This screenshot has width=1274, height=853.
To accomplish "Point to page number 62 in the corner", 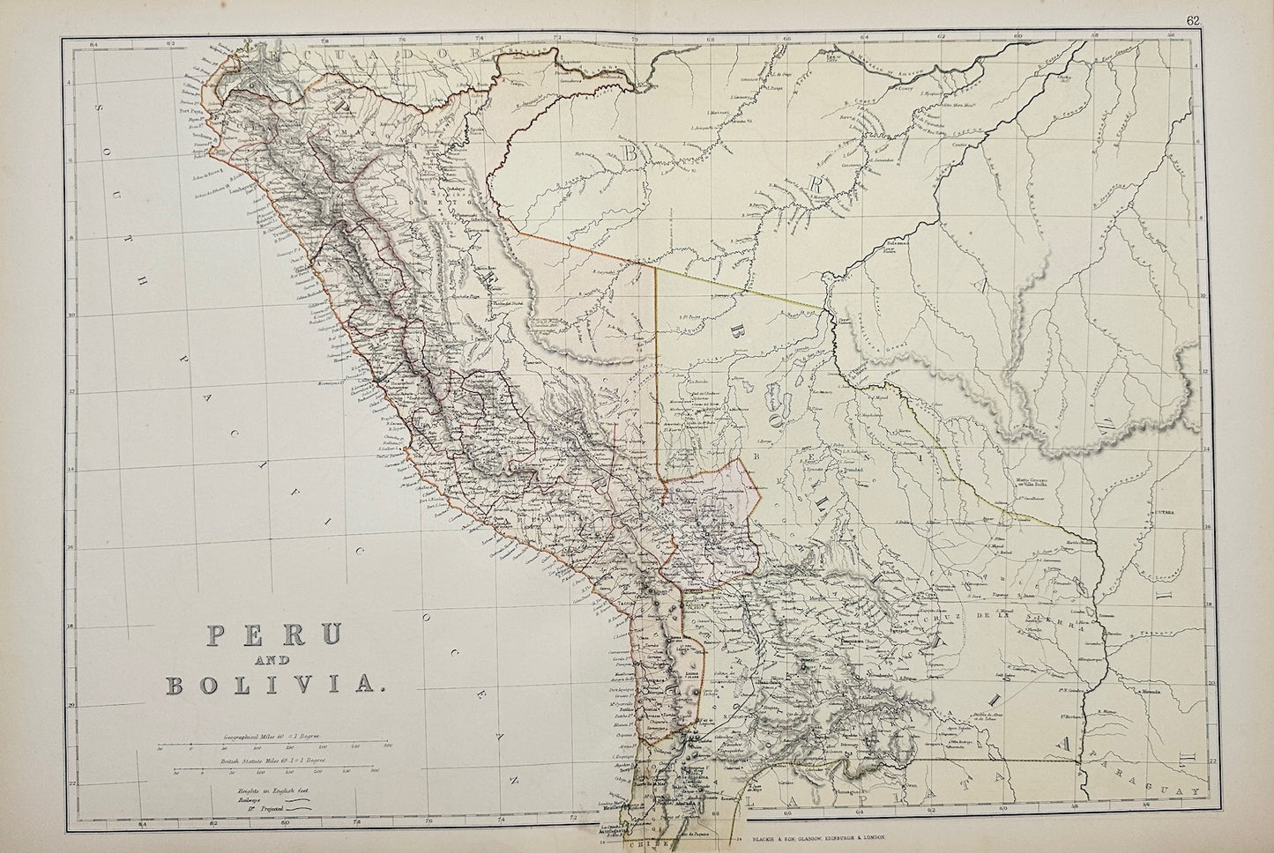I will tap(1242, 20).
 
